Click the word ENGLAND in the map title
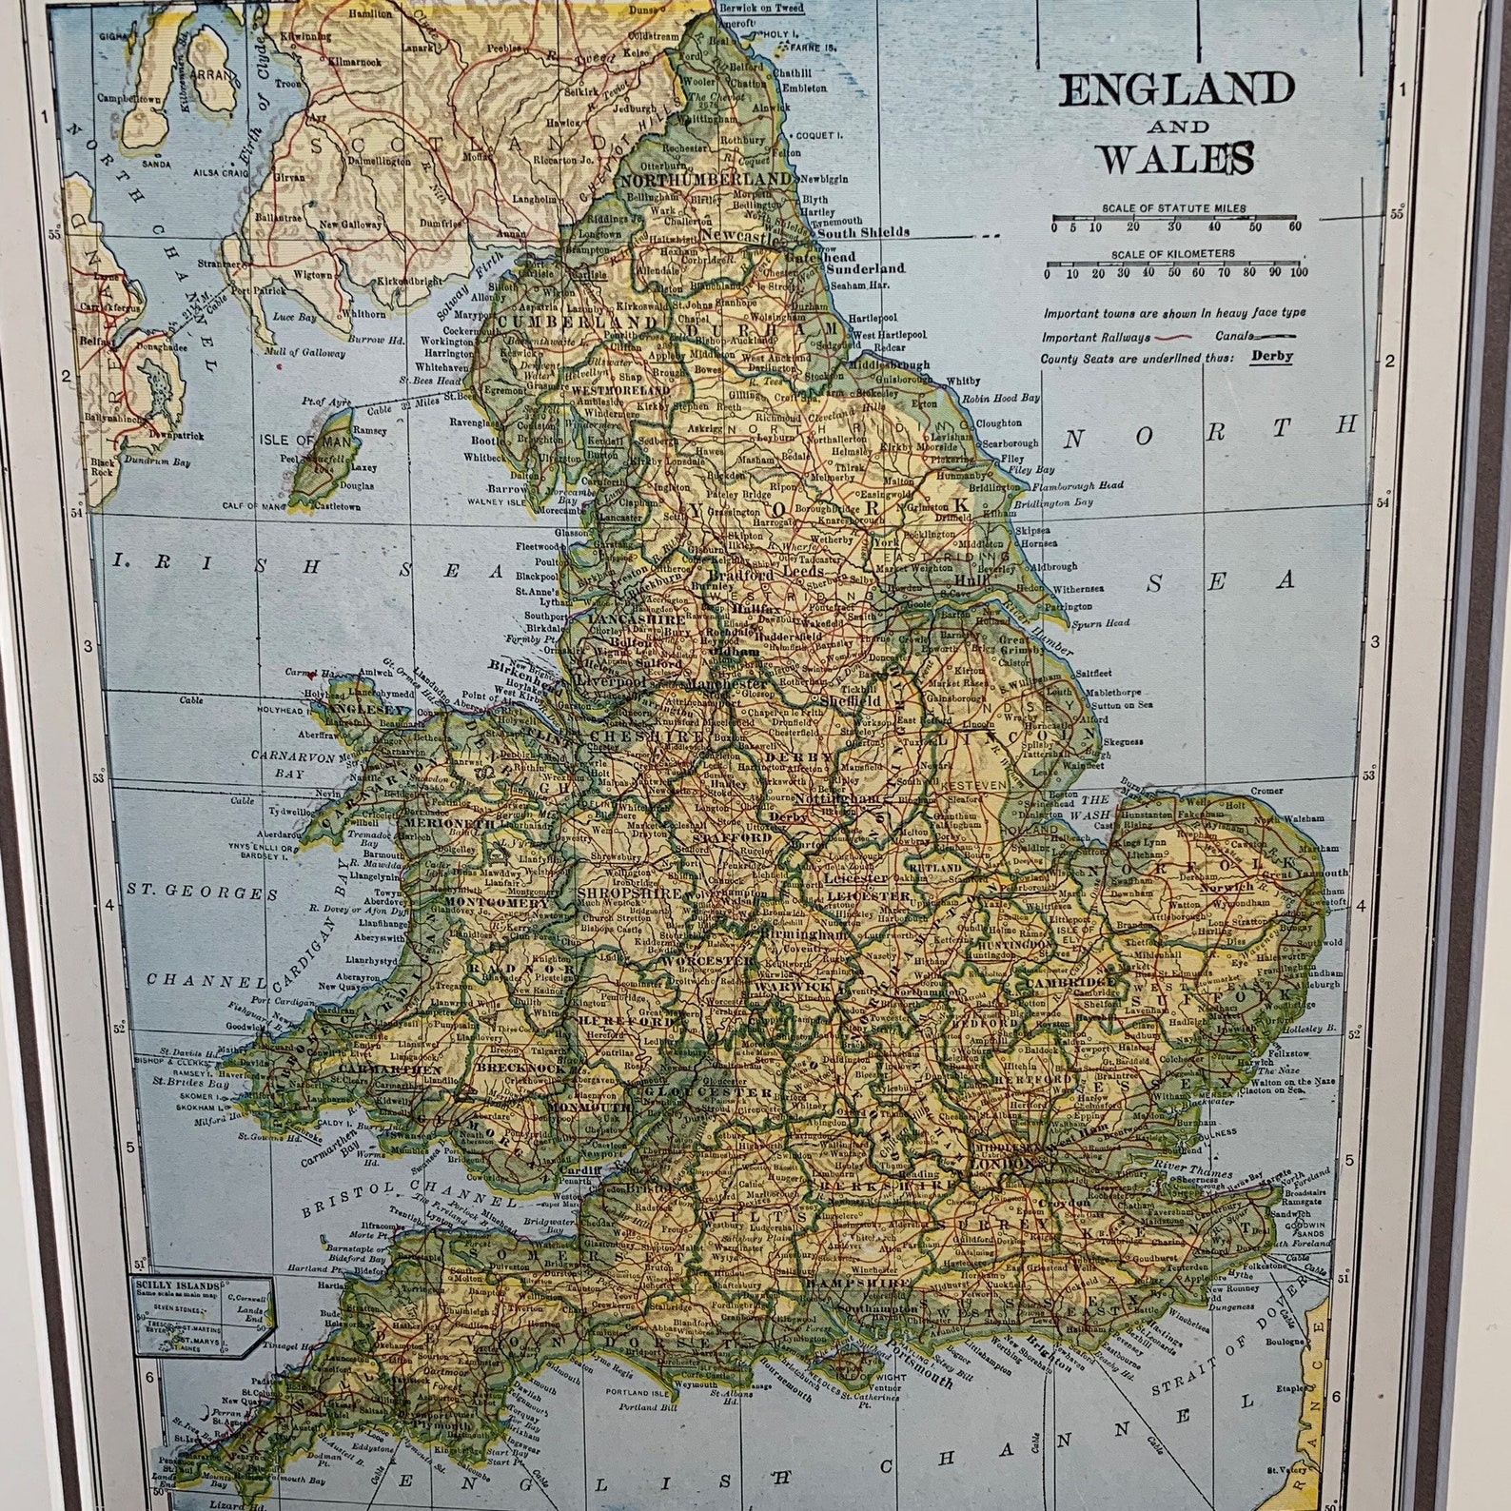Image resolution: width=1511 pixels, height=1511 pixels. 1177,91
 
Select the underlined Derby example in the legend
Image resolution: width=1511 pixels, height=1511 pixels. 1272,357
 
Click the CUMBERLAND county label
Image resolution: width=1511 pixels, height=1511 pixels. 549,322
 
